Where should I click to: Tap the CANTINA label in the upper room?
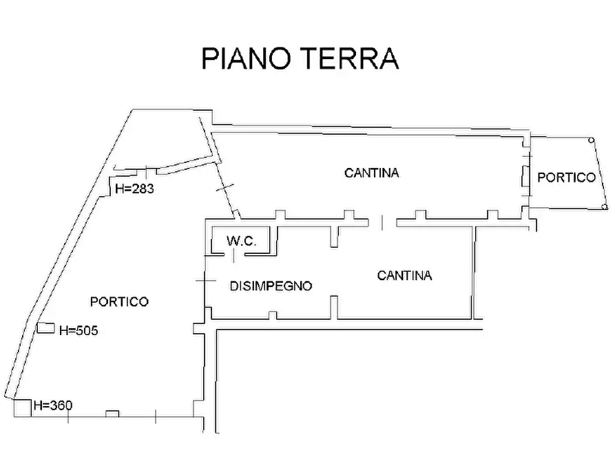(x=371, y=173)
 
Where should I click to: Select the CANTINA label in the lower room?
(x=404, y=276)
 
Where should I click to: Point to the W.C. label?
(x=241, y=242)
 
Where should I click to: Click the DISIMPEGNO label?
(x=271, y=286)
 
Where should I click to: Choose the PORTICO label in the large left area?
(x=119, y=301)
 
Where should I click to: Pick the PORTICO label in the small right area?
(x=566, y=178)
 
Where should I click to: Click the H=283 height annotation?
(x=134, y=189)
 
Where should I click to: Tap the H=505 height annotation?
(x=79, y=330)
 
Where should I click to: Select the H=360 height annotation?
(x=53, y=405)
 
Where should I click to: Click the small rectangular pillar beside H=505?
(x=45, y=328)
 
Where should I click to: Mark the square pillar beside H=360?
(x=22, y=407)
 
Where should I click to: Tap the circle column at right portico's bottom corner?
(x=603, y=206)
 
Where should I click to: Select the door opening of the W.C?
(x=234, y=255)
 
